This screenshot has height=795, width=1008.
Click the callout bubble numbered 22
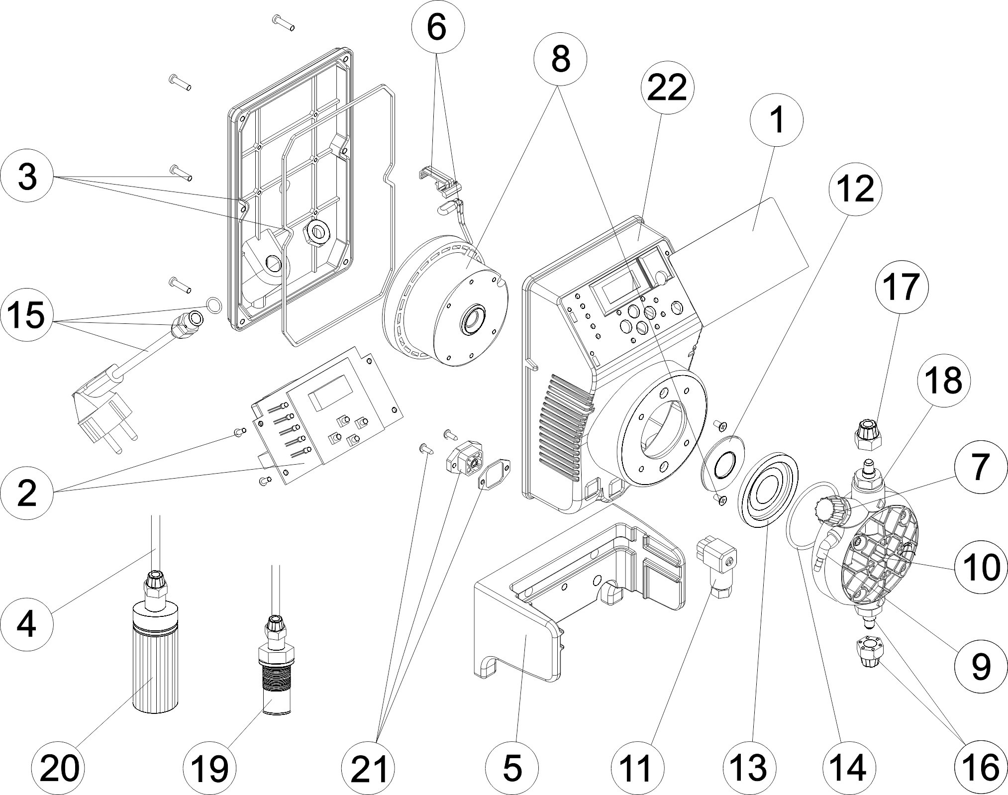coord(667,89)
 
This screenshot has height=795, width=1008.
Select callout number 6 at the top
coord(437,28)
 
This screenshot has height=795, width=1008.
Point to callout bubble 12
coord(855,189)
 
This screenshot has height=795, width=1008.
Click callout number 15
coord(27,315)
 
